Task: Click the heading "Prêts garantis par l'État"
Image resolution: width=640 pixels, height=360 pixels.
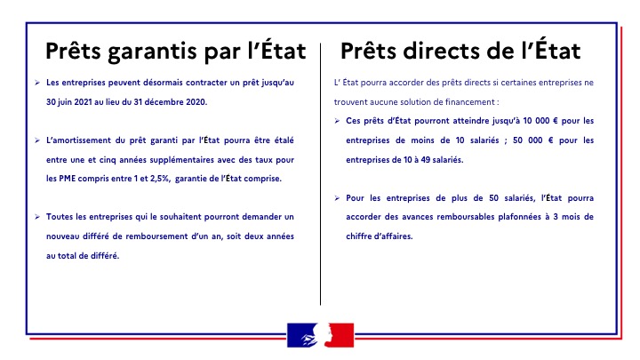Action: coord(176,50)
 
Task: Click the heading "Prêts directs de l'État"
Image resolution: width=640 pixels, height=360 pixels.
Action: coord(460,50)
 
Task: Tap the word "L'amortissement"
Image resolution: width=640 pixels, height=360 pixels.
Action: coord(77,140)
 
